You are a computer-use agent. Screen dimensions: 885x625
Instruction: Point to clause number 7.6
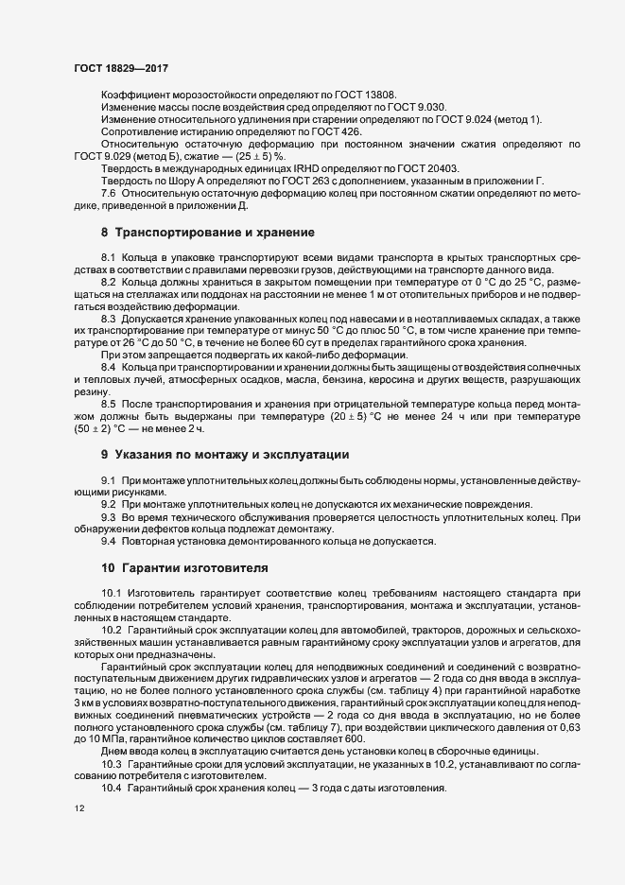pos(108,194)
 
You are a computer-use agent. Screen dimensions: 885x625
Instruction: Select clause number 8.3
pos(108,321)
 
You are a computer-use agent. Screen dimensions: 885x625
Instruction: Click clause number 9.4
pos(108,541)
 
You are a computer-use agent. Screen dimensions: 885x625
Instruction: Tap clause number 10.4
pos(111,788)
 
